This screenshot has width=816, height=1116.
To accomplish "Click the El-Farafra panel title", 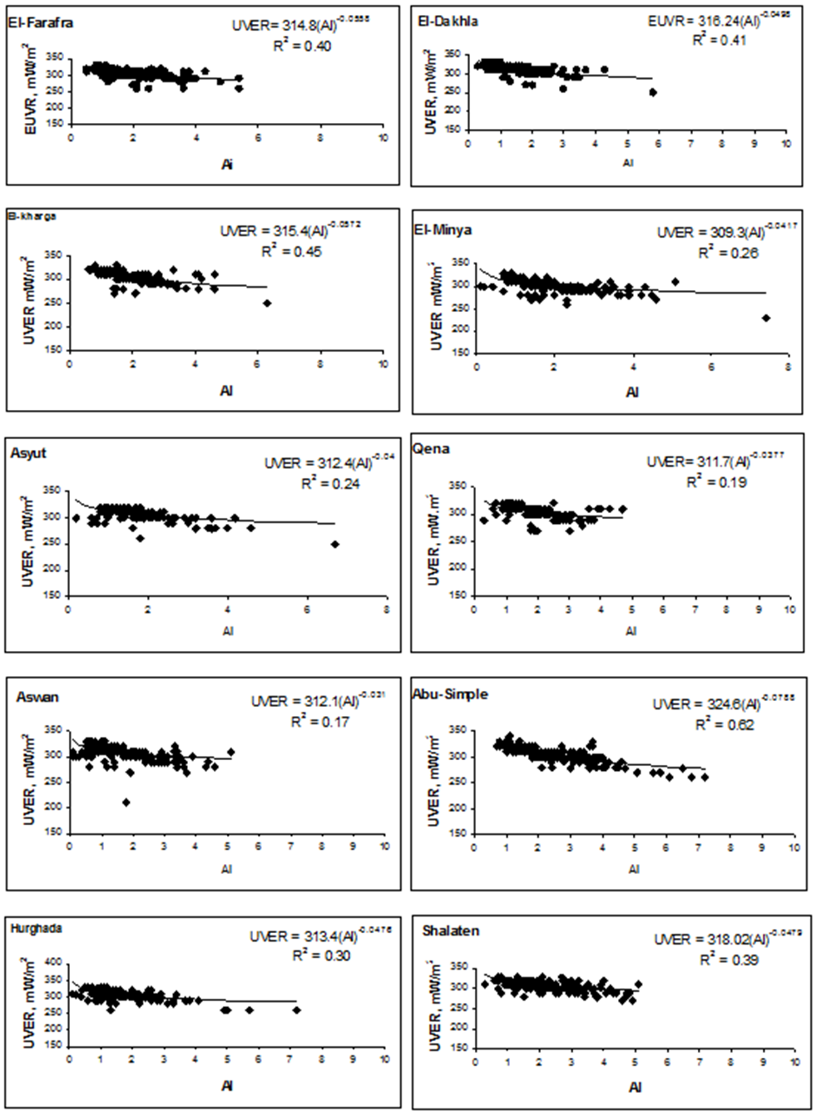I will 40,22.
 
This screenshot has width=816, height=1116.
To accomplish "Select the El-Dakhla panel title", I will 448,21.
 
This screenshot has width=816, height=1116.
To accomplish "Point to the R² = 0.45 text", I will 291,250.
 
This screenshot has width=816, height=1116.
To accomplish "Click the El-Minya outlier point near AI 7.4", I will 766,318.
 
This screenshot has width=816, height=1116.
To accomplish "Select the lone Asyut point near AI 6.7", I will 335,544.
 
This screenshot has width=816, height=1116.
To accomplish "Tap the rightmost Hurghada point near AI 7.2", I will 297,1010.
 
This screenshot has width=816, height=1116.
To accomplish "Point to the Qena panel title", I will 431,448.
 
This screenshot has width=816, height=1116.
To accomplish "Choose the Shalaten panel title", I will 451,931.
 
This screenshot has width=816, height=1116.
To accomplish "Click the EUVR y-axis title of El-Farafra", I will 31,91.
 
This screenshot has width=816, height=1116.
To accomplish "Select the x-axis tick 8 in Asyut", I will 387,610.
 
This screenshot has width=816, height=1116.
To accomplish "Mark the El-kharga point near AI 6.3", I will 267,304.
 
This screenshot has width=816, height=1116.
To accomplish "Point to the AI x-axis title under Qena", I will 631,630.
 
